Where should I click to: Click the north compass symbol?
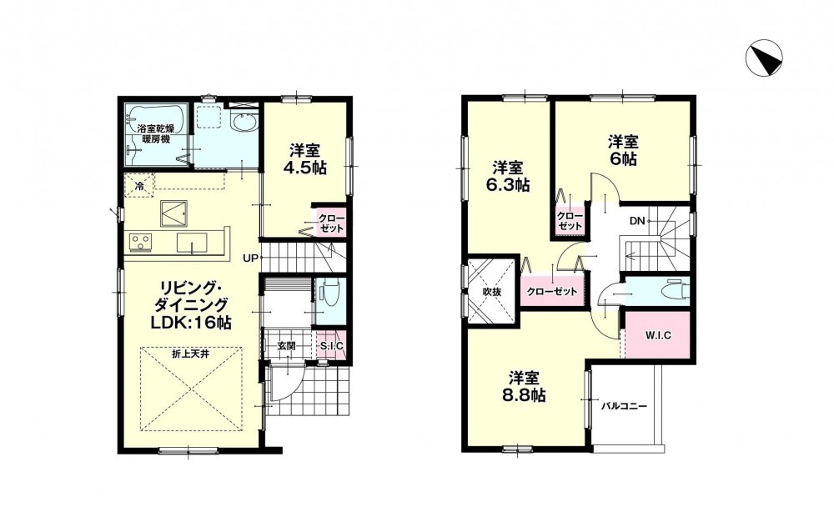(764, 58)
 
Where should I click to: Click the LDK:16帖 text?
(192, 323)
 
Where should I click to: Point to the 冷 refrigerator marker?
(139, 186)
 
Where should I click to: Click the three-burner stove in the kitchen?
(140, 242)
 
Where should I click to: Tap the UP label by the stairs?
(250, 258)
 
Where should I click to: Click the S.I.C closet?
(331, 346)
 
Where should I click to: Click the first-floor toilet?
(325, 295)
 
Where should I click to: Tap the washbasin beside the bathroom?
(244, 123)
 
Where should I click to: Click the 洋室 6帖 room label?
(623, 150)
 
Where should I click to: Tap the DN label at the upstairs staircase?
(637, 221)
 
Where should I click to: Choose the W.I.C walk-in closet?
(659, 335)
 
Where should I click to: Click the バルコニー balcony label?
(624, 407)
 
